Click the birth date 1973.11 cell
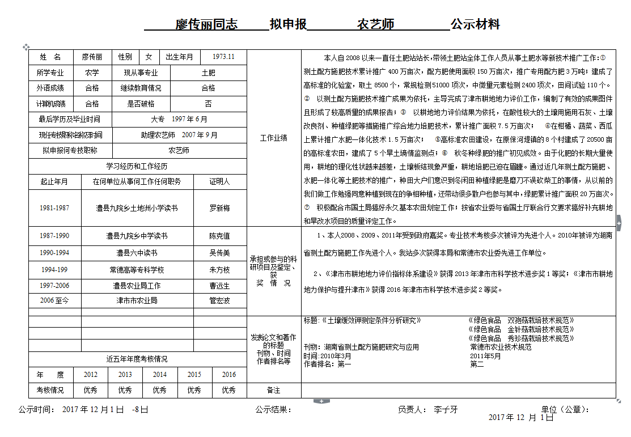[223, 57]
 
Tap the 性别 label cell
[125, 57]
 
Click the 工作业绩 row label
[274, 138]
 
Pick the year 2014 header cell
[160, 375]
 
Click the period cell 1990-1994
[54, 253]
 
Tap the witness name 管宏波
[220, 300]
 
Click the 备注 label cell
[274, 390]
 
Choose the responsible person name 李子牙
[446, 409]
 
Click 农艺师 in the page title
[375, 24]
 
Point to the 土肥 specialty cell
[208, 73]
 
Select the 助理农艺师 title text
[158, 135]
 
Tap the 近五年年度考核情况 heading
[137, 359]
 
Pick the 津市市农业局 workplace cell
[137, 300]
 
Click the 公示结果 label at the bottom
[273, 409]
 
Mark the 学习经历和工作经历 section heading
[137, 166]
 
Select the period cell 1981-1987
[54, 208]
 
